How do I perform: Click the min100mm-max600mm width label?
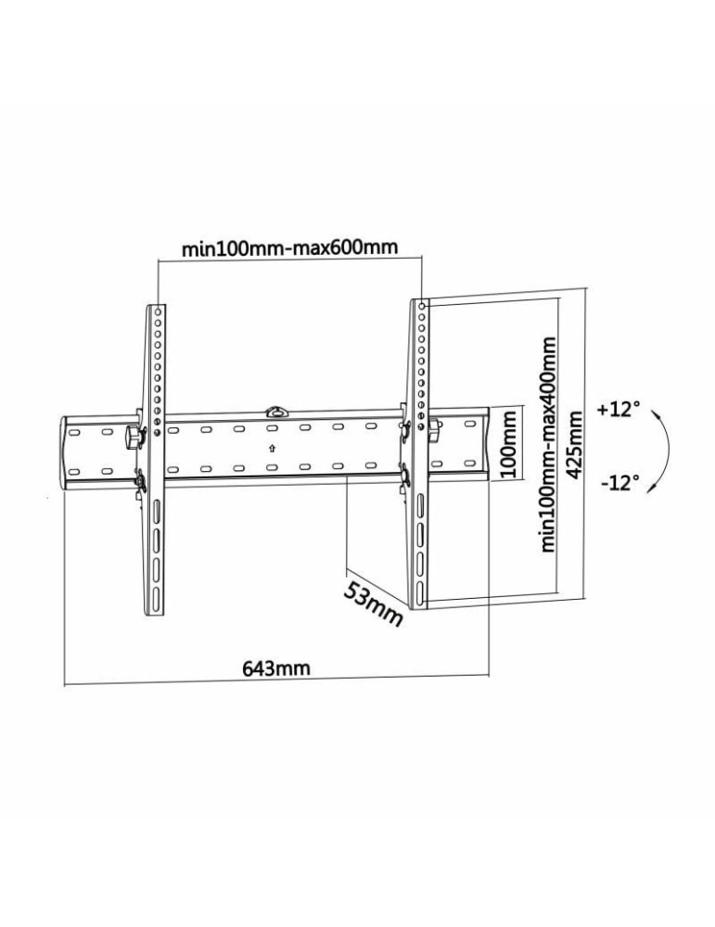tap(289, 248)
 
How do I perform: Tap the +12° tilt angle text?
tap(619, 408)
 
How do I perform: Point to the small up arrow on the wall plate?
tap(272, 448)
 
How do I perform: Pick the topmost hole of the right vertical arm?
tap(423, 305)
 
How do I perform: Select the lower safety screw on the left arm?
tap(140, 479)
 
